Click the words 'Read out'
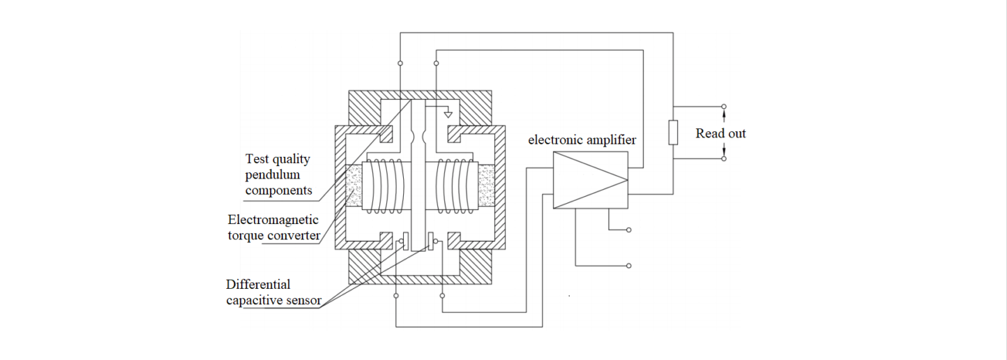tap(720, 133)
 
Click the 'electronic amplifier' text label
tap(582, 140)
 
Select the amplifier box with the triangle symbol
tap(590, 181)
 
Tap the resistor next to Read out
tap(673, 133)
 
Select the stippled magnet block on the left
tap(357, 188)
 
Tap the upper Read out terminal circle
tap(724, 107)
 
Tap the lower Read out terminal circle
tap(724, 158)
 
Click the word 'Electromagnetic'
tap(273, 220)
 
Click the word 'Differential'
tap(258, 285)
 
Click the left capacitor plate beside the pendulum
tap(405, 241)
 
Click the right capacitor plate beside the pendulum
tap(431, 241)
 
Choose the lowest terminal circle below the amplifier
tap(629, 266)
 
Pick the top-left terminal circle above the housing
tap(400, 63)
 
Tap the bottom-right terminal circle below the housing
tap(442, 296)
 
